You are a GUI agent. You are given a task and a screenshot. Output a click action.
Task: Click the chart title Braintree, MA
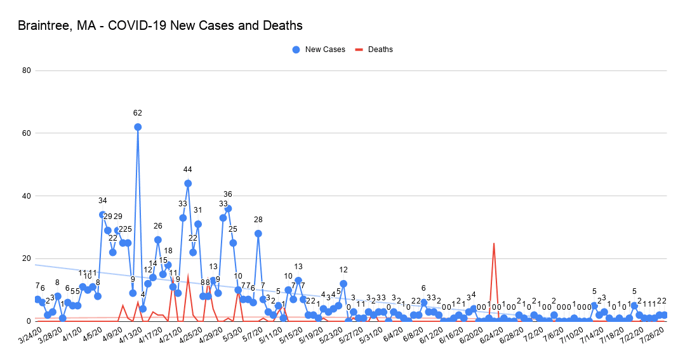(160, 26)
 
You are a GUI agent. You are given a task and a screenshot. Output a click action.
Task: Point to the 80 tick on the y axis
(27, 70)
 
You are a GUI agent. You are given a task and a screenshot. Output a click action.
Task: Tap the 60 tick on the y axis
(27, 133)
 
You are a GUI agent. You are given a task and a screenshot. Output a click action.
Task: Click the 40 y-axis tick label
(27, 196)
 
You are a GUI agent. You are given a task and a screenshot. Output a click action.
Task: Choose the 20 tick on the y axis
(27, 258)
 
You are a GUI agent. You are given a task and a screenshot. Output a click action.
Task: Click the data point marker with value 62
(138, 127)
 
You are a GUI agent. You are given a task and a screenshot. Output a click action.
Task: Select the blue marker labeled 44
(188, 183)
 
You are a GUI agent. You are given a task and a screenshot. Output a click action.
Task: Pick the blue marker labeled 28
(258, 234)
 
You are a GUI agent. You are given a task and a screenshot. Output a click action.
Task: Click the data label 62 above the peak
(138, 113)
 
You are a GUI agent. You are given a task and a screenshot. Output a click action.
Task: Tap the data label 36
(228, 194)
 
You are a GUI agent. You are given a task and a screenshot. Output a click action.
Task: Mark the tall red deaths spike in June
(494, 244)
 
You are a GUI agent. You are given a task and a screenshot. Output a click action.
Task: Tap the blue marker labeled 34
(102, 215)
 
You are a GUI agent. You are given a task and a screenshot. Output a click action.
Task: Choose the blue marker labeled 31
(198, 224)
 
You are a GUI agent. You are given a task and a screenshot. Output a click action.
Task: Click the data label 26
(158, 226)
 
